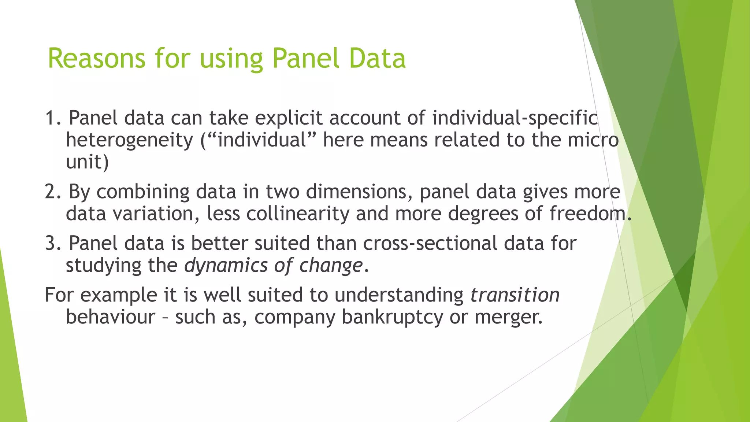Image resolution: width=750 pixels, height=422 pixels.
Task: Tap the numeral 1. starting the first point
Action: tap(53, 118)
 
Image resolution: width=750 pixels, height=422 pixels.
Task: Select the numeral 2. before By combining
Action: tap(53, 192)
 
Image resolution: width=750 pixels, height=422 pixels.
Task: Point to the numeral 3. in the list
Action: tap(53, 243)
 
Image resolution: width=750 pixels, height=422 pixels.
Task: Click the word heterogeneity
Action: tap(129, 140)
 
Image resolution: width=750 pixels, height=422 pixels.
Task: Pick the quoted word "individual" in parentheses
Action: tap(262, 140)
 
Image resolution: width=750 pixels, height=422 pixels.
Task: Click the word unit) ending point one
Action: tap(87, 162)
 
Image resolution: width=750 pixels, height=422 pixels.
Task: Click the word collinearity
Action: tap(298, 214)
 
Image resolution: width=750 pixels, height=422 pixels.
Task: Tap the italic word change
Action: tap(331, 266)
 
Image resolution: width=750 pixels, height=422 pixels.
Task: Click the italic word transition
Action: tap(515, 295)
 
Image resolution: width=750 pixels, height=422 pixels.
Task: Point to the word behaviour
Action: tap(110, 317)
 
